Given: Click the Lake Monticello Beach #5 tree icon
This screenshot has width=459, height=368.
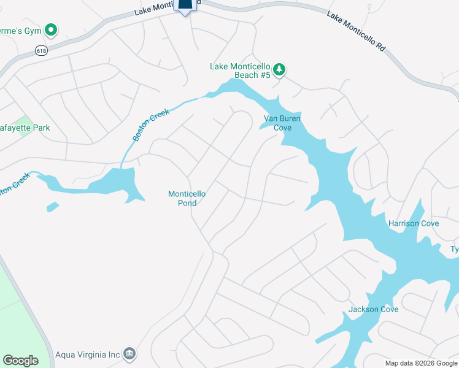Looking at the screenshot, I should (x=279, y=69).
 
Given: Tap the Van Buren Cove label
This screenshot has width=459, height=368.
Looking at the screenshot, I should (x=277, y=123).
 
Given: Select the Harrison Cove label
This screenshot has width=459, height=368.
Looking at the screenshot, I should (x=413, y=223).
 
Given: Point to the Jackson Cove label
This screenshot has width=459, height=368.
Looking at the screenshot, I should (x=373, y=309).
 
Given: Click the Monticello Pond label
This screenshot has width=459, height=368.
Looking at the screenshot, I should (x=187, y=198).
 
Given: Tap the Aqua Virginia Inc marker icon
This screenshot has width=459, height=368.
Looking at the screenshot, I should (x=129, y=353).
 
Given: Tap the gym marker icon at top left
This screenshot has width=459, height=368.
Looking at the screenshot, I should (x=52, y=29).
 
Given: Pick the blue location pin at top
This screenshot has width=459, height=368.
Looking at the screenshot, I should (x=186, y=5).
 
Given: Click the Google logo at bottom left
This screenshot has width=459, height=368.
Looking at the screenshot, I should (x=21, y=361).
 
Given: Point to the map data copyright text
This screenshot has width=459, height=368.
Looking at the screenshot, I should (x=420, y=363).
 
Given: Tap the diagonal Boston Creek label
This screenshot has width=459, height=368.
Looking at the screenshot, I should (x=147, y=125).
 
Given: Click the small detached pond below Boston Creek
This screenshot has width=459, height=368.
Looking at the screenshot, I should (x=53, y=207).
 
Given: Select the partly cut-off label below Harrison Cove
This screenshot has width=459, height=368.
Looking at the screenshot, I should (x=455, y=249).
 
